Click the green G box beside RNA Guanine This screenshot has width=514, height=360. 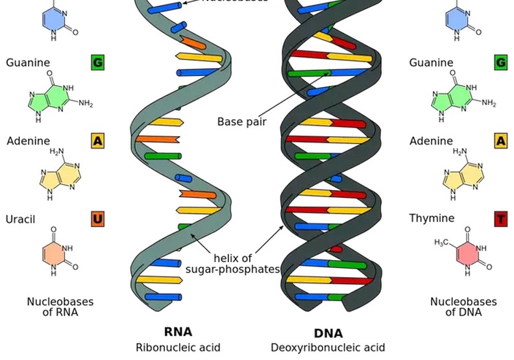[97, 63]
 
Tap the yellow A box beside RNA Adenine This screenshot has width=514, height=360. [97, 141]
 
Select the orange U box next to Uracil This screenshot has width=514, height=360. [97, 219]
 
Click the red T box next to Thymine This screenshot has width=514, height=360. [500, 219]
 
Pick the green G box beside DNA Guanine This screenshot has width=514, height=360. [500, 63]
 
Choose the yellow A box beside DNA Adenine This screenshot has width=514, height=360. [500, 141]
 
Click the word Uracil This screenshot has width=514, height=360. [20, 219]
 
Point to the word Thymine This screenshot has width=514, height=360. [432, 219]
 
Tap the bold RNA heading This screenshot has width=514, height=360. [178, 332]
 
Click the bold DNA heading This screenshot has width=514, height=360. [328, 333]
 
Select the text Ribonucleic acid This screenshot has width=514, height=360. [178, 348]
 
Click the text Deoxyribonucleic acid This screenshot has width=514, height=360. [328, 348]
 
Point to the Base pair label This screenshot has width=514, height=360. [241, 121]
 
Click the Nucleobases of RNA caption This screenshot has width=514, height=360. [60, 307]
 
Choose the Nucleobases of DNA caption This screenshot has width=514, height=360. [463, 307]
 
